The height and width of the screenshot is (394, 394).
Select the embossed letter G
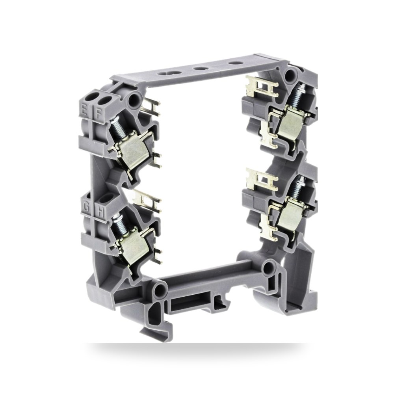pyautogui.click(x=87, y=207)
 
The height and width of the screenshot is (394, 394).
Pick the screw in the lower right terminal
pyautogui.click(x=297, y=187)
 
